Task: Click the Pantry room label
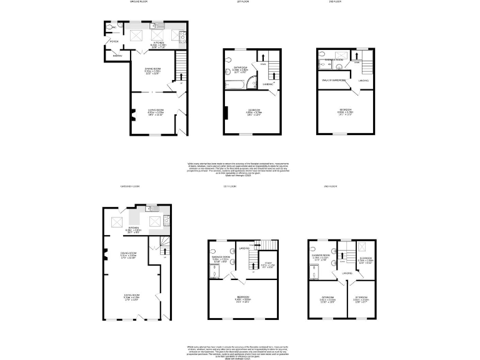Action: pos(116,56)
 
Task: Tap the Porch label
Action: pos(114,42)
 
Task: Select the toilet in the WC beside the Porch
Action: pos(108,27)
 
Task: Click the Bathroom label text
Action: pos(241,67)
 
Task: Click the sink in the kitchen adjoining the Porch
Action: pos(157,26)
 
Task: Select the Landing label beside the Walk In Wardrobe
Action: pos(363,81)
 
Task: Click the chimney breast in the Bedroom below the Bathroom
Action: pos(227,112)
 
